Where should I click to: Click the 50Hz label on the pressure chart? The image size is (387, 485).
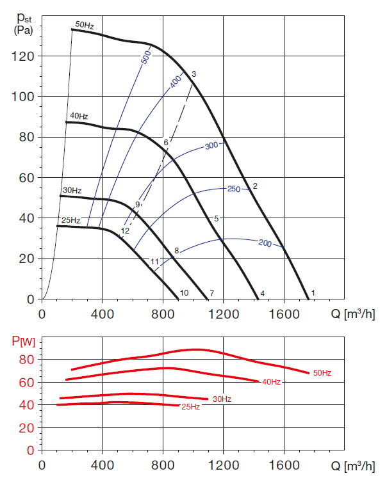[x=85, y=24]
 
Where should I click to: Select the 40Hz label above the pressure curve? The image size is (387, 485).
[x=78, y=116]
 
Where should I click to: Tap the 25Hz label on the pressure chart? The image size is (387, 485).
[x=70, y=220]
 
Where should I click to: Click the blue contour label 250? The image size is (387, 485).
[x=234, y=189]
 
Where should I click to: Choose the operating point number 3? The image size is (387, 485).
[x=193, y=74]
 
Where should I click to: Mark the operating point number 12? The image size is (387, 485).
[x=125, y=230]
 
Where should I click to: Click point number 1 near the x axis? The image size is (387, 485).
[x=313, y=293]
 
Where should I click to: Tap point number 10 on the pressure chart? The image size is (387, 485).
[x=184, y=293]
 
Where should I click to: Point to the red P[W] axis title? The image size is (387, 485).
[x=24, y=340]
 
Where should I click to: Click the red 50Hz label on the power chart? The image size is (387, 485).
[x=322, y=372]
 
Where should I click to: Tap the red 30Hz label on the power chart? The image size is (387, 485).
[x=222, y=399]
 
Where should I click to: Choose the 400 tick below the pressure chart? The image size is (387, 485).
[x=102, y=314]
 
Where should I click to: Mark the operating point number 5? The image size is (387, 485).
[x=217, y=218]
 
